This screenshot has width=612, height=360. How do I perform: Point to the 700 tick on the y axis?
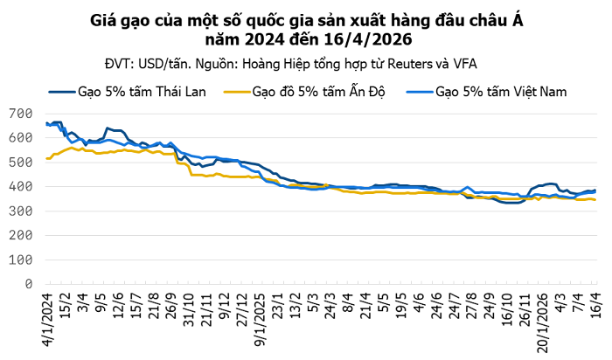pos(19,114)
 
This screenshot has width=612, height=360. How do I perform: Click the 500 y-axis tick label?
pos(19,163)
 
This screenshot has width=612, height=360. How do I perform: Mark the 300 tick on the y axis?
pos(19,211)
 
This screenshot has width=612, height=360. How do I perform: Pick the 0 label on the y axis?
pos(29,285)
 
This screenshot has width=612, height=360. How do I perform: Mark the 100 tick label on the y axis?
pos(19,260)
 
